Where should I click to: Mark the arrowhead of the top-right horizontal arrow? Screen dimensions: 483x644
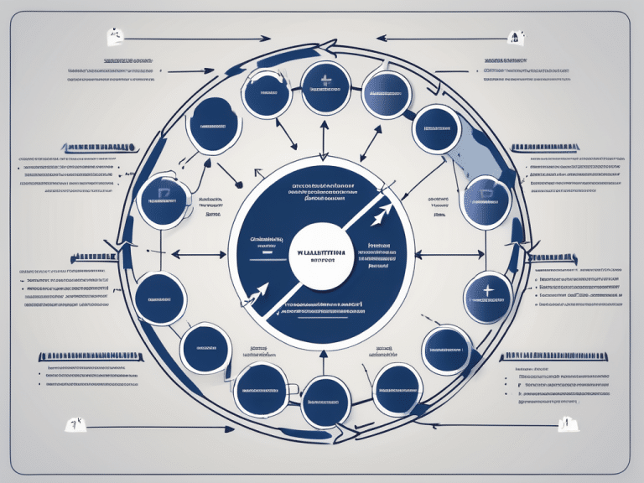coord(380,38)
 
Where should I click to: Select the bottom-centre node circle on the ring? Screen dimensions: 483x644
coord(325,401)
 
